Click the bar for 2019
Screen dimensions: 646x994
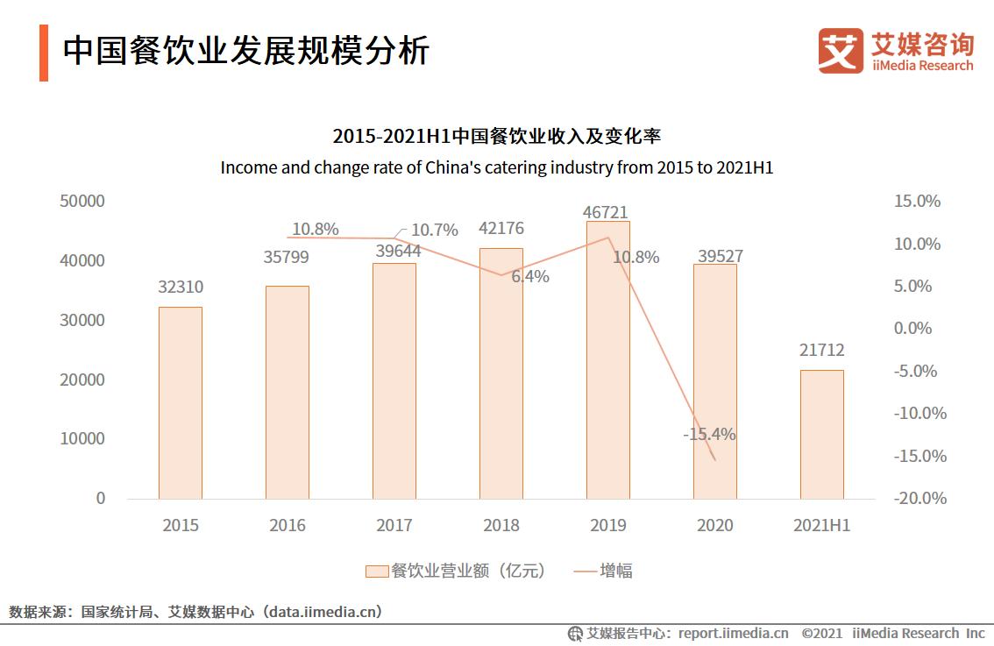[x=607, y=359]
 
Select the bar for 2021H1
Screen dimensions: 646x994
[x=821, y=434]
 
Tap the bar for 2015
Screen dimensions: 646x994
[x=180, y=402]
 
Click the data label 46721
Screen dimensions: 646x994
[x=606, y=212]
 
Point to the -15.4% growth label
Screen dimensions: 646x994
[x=709, y=434]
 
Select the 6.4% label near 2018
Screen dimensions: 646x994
[x=530, y=277]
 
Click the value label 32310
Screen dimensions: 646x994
[x=180, y=288]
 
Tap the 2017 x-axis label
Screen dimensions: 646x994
[x=394, y=525]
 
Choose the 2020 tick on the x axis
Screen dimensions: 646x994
[x=714, y=525]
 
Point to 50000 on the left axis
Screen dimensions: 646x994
[x=82, y=201]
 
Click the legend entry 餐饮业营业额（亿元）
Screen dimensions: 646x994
[x=456, y=571]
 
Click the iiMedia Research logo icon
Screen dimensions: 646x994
[x=840, y=51]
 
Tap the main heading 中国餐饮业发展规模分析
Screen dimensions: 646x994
[x=245, y=52]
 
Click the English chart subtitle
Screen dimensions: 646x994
[x=496, y=167]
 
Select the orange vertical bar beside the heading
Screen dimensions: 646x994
[x=44, y=53]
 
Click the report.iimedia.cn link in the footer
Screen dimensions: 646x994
[x=733, y=633]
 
